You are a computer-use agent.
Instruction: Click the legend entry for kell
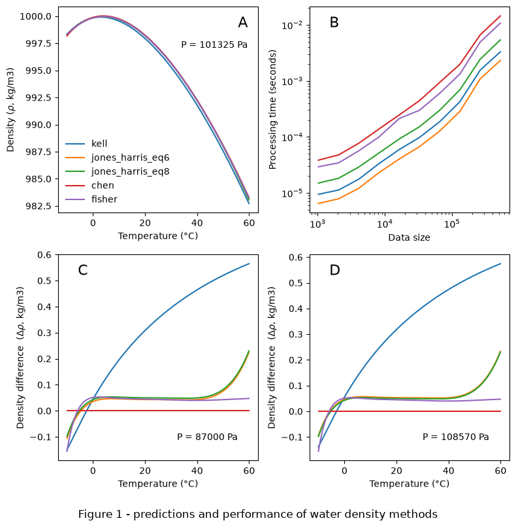pos(86,144)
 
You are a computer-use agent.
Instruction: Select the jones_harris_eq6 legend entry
pos(117,158)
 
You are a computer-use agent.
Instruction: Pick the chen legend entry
pos(89,186)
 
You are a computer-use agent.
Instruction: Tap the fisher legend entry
pos(91,199)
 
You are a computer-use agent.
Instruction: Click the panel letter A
pos(243,22)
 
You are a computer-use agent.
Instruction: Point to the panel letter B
pos(334,22)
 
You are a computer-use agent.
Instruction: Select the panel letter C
pos(83,270)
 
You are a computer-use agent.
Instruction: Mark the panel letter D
pos(334,270)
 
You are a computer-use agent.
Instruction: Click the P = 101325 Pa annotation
pos(214,44)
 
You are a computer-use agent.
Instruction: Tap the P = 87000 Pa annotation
pos(207,437)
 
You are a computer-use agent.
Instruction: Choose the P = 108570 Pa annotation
pos(455,437)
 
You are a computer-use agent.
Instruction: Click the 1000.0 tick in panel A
pos(35,16)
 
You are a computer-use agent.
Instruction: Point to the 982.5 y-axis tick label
pos(39,206)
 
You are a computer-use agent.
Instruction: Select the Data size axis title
pos(410,237)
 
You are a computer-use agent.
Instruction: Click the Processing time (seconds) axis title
pos(272,110)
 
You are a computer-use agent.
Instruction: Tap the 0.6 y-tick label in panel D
pos(295,258)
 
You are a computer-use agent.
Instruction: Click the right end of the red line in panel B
pos(500,16)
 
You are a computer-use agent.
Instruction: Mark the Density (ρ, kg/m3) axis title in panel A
pos(10,110)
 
